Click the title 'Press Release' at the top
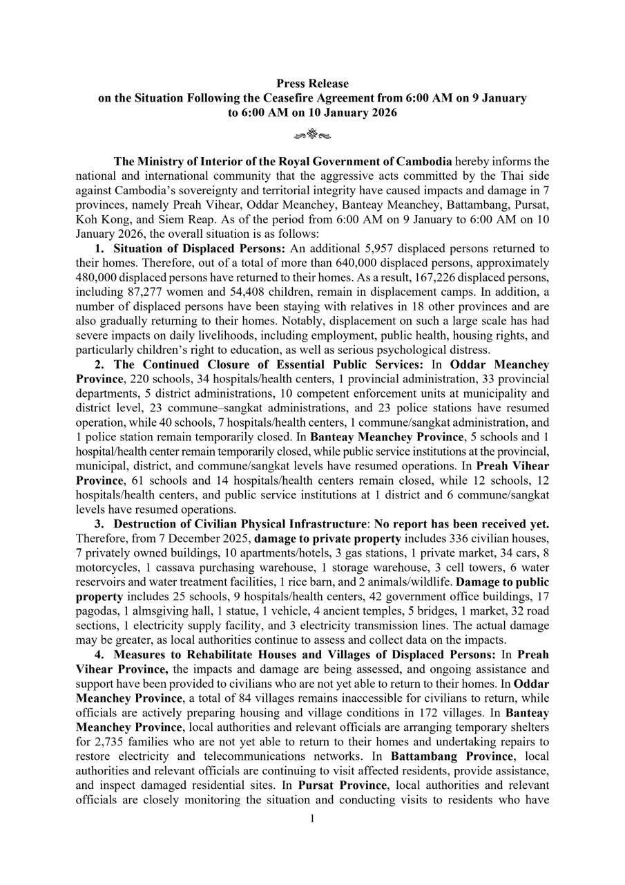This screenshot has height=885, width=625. pyautogui.click(x=312, y=84)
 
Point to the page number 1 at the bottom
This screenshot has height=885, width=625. pyautogui.click(x=312, y=819)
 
